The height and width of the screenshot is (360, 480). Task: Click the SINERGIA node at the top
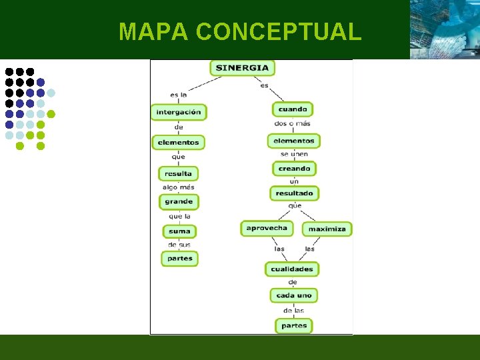click(243, 67)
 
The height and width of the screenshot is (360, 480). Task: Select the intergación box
click(179, 112)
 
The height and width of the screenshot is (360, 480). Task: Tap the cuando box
click(293, 109)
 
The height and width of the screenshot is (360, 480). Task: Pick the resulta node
click(178, 173)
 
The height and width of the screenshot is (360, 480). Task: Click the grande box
click(179, 201)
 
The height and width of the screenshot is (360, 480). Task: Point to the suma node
click(179, 231)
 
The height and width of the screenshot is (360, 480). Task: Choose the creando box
click(294, 169)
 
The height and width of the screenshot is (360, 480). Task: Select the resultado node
click(294, 193)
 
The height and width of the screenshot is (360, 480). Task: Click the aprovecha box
click(267, 228)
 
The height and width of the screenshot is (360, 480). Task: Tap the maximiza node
click(327, 229)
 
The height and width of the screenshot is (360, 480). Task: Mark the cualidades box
click(292, 269)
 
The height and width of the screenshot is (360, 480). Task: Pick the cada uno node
click(294, 295)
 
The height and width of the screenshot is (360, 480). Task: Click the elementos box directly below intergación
click(178, 142)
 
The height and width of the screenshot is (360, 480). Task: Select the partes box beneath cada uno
click(294, 326)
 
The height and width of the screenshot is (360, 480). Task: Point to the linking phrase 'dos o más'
click(292, 123)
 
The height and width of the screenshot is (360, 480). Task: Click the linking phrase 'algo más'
click(178, 187)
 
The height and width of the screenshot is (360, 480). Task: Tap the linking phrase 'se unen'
click(294, 154)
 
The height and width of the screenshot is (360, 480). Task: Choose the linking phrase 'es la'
click(178, 95)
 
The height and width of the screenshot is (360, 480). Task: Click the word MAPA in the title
click(154, 31)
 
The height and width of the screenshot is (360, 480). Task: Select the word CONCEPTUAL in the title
click(279, 31)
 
